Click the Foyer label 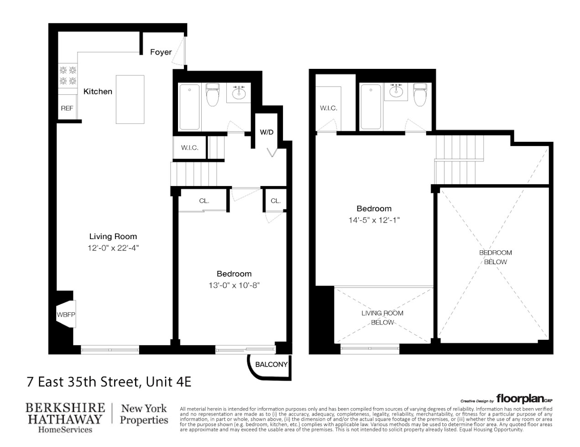[x=161, y=52]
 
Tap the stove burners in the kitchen [x=68, y=76]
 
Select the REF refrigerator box [x=67, y=108]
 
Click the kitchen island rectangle [x=130, y=99]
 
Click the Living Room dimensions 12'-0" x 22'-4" [x=113, y=248]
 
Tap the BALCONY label [x=271, y=364]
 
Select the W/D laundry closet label [x=266, y=132]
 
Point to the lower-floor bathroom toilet [x=213, y=94]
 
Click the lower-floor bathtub [x=189, y=107]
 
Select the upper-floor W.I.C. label [x=328, y=108]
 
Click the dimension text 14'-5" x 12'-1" [x=374, y=220]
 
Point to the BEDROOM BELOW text [x=495, y=257]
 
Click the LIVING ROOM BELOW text [x=382, y=318]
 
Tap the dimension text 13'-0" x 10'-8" [x=234, y=285]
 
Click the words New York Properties [x=144, y=414]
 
